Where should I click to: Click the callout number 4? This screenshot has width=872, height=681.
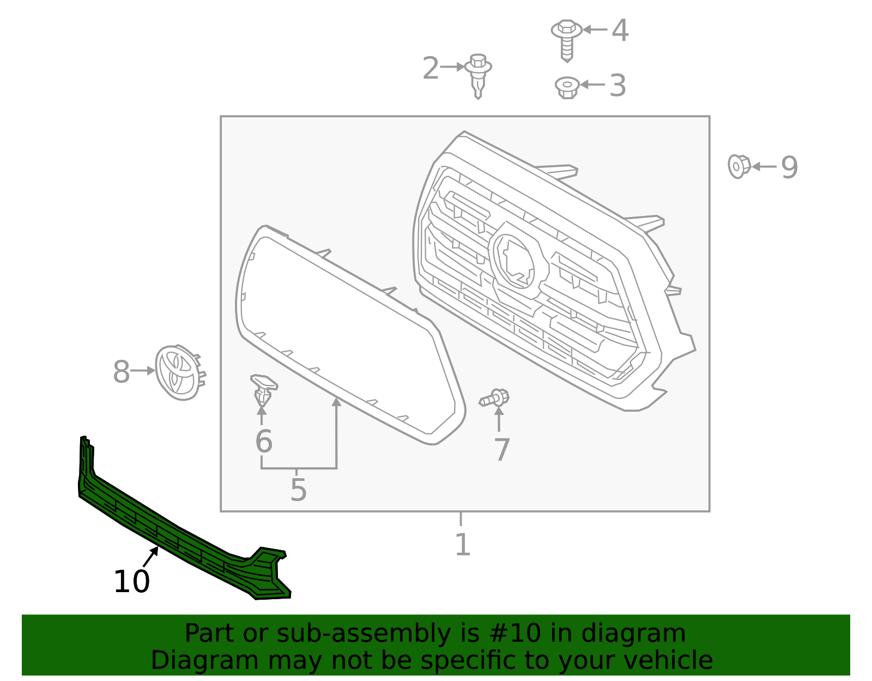pyautogui.click(x=620, y=31)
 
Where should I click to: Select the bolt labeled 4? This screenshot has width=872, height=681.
pyautogui.click(x=566, y=38)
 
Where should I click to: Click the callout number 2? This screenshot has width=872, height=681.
pyautogui.click(x=431, y=69)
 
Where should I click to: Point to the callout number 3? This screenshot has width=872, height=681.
pyautogui.click(x=617, y=86)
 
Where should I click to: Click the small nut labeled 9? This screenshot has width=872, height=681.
pyautogui.click(x=738, y=166)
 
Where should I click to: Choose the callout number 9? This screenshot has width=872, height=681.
pyautogui.click(x=789, y=167)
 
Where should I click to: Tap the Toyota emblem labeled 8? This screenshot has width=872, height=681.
pyautogui.click(x=177, y=372)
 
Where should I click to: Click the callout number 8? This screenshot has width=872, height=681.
pyautogui.click(x=121, y=372)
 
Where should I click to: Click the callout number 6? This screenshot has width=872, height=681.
pyautogui.click(x=264, y=442)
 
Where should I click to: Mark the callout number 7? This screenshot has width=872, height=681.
pyautogui.click(x=501, y=450)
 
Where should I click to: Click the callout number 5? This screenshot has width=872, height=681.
pyautogui.click(x=298, y=490)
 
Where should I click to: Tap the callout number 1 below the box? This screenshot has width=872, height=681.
pyautogui.click(x=462, y=545)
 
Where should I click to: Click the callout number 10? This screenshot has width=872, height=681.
pyautogui.click(x=131, y=582)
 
